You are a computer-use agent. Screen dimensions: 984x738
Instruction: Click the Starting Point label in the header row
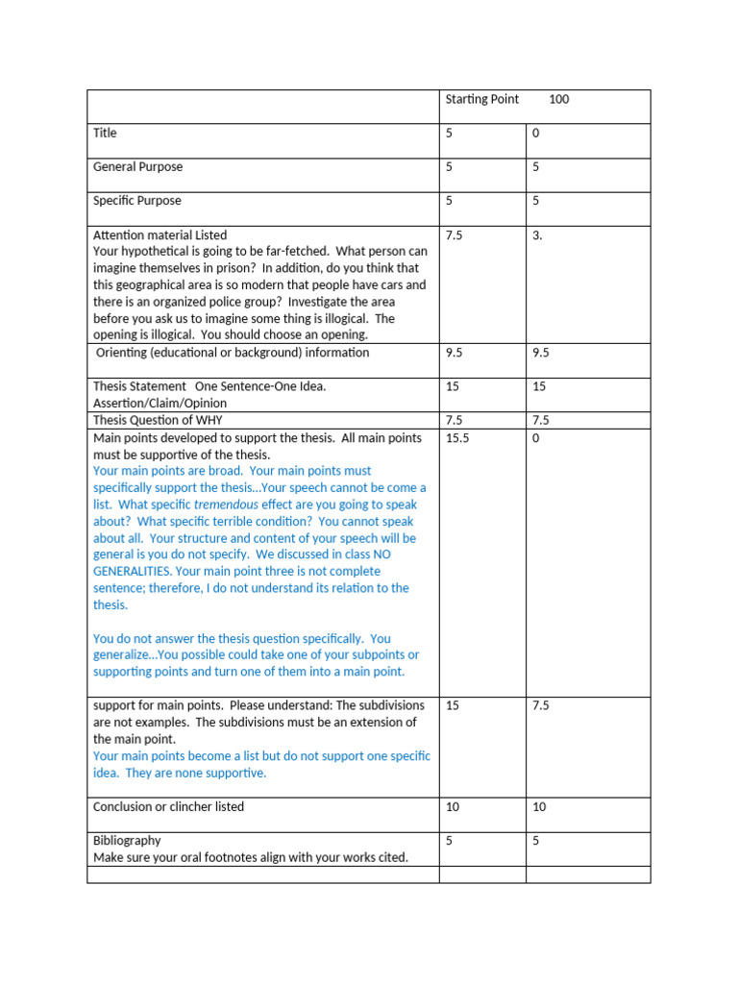pyautogui.click(x=481, y=100)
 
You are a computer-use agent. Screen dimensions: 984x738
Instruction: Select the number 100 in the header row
pyautogui.click(x=558, y=100)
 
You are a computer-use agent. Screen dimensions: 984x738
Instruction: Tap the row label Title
pyautogui.click(x=105, y=134)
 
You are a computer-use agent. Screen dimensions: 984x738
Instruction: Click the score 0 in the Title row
pyautogui.click(x=535, y=134)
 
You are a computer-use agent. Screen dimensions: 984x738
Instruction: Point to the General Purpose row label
pyautogui.click(x=137, y=167)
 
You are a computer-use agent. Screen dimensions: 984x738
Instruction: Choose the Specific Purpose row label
pyautogui.click(x=136, y=201)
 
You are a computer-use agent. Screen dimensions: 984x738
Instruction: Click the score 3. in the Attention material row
pyautogui.click(x=537, y=235)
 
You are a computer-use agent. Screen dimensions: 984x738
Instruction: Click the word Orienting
pyautogui.click(x=122, y=353)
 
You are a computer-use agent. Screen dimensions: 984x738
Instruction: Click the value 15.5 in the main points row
pyautogui.click(x=456, y=438)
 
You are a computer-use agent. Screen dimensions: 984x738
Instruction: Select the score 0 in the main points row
pyautogui.click(x=535, y=438)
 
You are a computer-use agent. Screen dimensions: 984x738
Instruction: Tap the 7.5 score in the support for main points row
pyautogui.click(x=540, y=706)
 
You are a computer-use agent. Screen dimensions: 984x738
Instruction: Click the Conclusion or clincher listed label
pyautogui.click(x=168, y=807)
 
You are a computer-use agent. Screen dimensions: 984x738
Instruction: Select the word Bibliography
pyautogui.click(x=127, y=841)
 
